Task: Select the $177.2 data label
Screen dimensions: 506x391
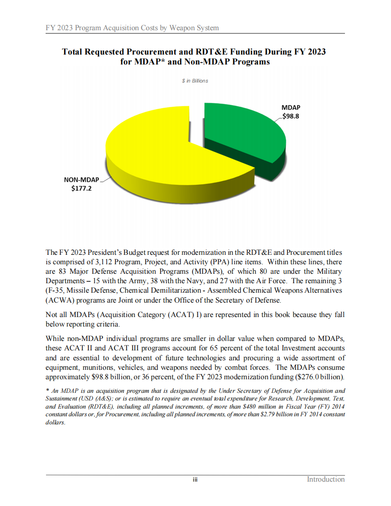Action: [81, 189]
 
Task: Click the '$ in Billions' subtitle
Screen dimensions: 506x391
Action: [195, 81]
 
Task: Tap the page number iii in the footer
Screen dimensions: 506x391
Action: [195, 480]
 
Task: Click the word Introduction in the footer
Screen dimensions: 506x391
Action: [326, 479]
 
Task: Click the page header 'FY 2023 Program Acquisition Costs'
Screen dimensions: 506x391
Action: [132, 28]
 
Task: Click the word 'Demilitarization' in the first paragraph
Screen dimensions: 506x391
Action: [169, 291]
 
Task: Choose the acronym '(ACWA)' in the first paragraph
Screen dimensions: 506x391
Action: [59, 300]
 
